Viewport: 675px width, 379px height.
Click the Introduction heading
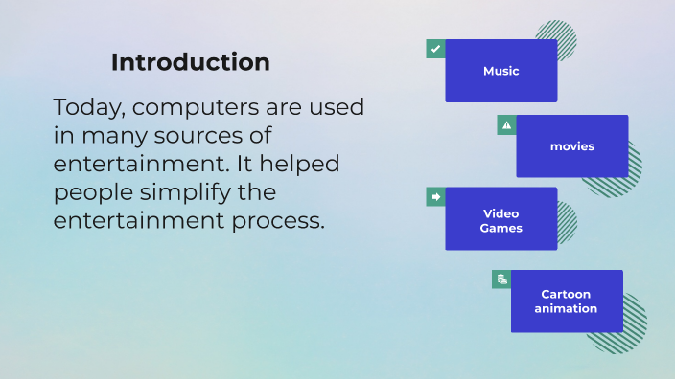click(190, 62)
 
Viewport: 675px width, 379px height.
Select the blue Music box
click(500, 71)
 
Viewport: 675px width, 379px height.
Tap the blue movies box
click(571, 146)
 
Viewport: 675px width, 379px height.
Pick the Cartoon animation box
click(566, 301)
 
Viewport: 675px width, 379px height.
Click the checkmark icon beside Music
click(435, 49)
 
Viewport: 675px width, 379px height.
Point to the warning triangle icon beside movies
click(506, 124)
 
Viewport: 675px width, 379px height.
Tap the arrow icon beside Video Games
click(435, 196)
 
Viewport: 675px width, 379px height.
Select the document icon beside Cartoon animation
click(501, 279)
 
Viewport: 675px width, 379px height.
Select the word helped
click(303, 164)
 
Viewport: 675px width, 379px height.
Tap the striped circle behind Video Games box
click(566, 223)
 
